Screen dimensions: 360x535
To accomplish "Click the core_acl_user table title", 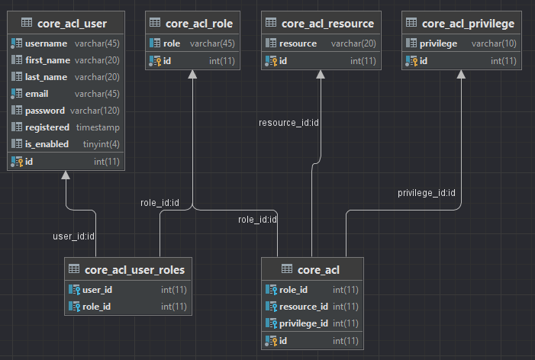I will (x=72, y=24).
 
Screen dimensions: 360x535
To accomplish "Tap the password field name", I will (x=45, y=111).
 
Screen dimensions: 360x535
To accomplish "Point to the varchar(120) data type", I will (x=95, y=111).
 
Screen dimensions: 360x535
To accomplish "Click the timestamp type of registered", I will (x=98, y=127).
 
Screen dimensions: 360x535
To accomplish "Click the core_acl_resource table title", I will (x=328, y=24).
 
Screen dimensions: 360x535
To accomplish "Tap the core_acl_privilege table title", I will (x=468, y=24).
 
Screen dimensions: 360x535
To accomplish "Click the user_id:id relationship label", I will (x=73, y=236).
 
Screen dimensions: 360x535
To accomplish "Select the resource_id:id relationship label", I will (x=288, y=122).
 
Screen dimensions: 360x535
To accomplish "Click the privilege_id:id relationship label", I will (x=427, y=192).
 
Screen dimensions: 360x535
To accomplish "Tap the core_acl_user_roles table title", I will (x=134, y=269).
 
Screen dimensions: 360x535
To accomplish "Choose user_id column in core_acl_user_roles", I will (x=97, y=290).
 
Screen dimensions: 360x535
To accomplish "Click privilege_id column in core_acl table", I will (x=303, y=323).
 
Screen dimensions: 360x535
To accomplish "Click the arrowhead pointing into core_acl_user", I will (x=66, y=175).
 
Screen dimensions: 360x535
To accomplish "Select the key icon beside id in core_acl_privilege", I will (x=412, y=61).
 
